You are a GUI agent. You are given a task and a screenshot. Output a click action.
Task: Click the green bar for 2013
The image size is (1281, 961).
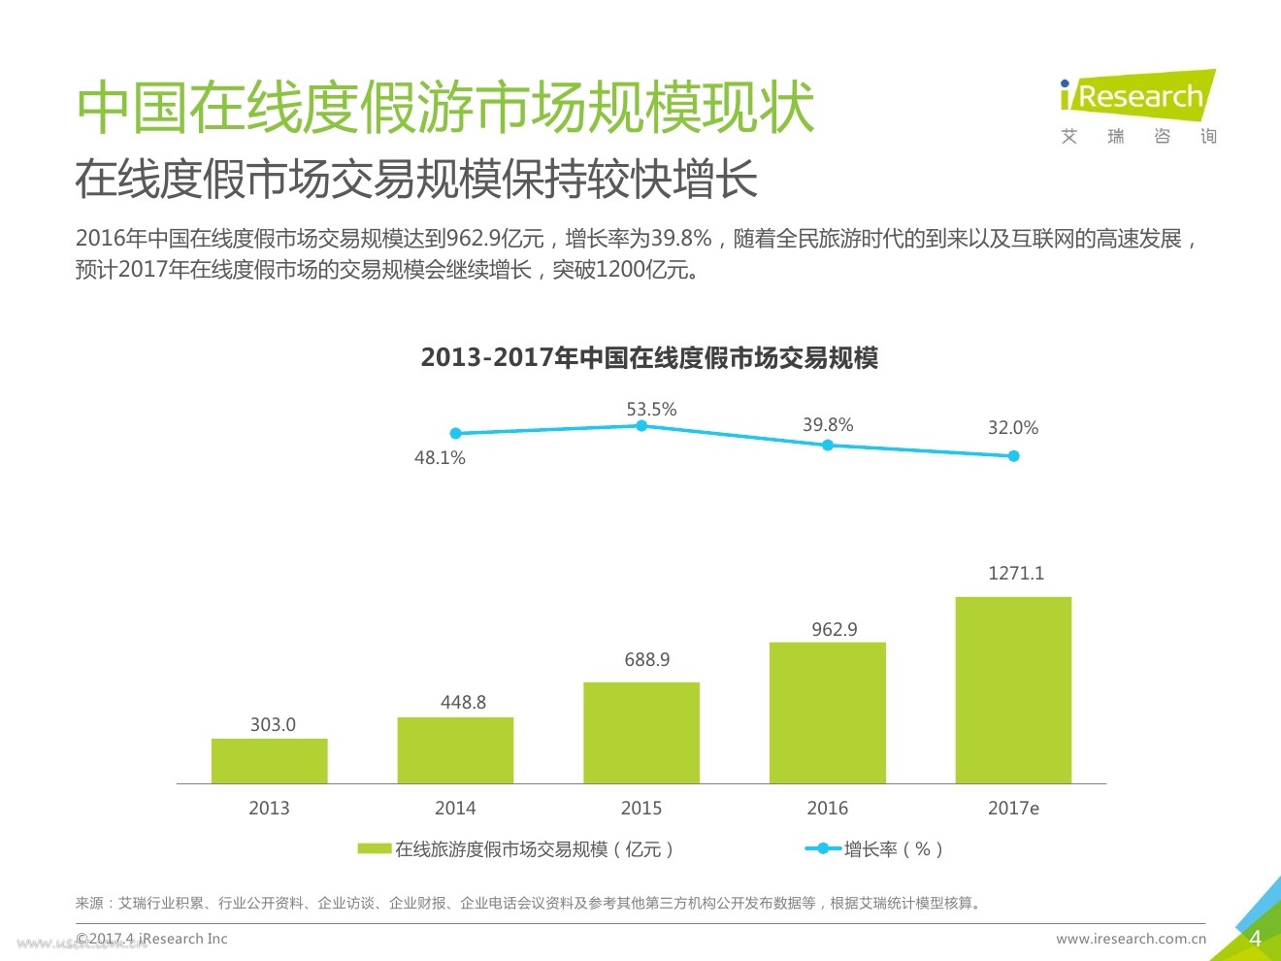269,761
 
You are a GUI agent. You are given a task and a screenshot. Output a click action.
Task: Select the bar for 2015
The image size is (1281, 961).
640,733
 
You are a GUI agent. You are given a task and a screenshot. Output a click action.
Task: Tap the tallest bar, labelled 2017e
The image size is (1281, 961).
1013,690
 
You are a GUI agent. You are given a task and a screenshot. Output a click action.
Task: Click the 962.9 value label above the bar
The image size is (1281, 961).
835,629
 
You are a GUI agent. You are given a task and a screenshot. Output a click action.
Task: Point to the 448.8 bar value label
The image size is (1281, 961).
463,702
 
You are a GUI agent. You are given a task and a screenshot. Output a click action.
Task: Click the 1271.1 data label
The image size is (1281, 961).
1016,573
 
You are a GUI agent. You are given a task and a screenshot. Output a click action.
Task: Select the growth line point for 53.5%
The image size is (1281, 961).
641,426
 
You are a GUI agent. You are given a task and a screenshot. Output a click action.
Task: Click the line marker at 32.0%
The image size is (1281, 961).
1013,456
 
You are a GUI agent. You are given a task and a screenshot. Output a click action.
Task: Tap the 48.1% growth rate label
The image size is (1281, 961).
440,457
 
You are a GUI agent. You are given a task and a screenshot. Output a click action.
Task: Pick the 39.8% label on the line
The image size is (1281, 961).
828,424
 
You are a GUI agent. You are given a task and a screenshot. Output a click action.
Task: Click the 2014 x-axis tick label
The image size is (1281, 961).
455,808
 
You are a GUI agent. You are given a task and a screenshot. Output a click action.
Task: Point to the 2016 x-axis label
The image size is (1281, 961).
827,808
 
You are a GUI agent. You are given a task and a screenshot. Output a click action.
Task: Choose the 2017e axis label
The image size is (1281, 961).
1013,808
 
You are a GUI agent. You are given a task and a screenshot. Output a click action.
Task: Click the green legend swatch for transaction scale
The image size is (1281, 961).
374,849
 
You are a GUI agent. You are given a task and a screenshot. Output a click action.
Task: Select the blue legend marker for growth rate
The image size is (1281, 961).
823,849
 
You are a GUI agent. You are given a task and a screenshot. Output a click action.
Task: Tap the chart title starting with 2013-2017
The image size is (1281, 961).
649,358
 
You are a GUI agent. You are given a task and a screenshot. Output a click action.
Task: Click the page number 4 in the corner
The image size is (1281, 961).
1255,939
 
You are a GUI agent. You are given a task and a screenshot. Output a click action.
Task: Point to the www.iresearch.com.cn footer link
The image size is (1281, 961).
1131,939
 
